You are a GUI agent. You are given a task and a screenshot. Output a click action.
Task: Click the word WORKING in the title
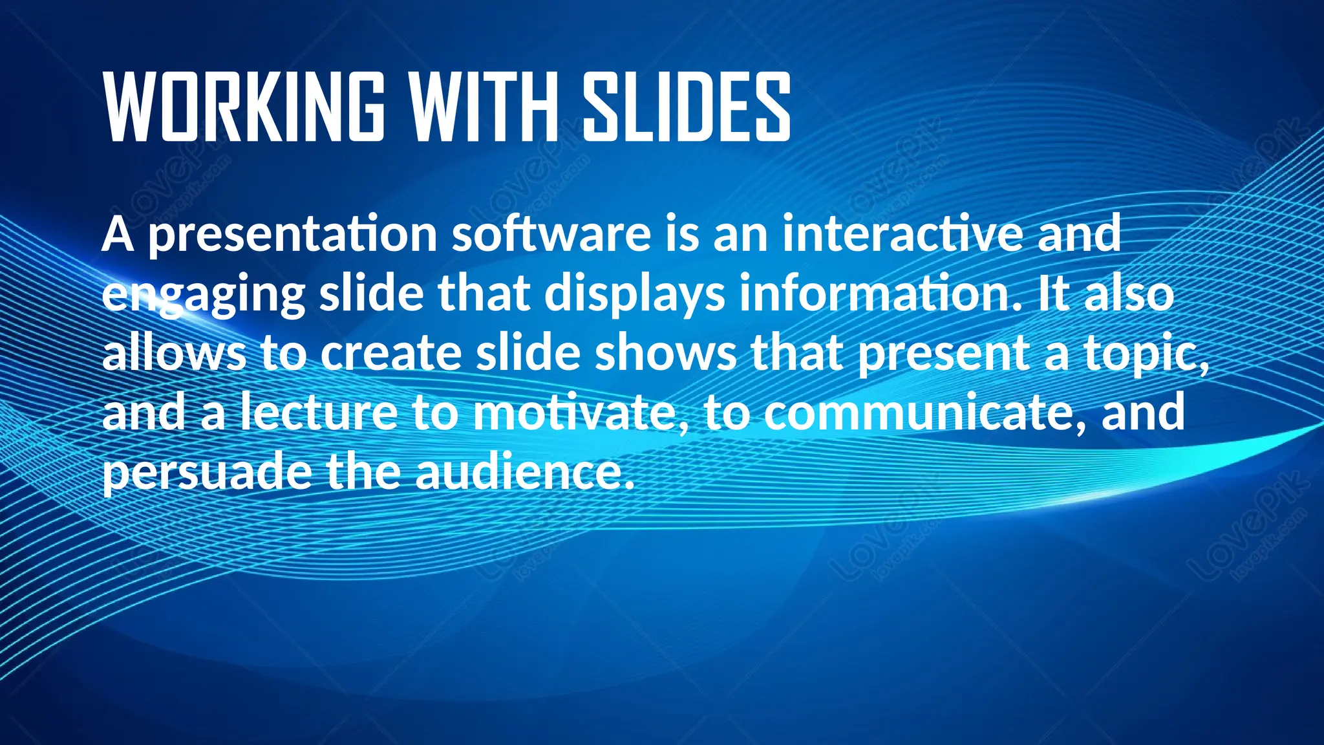[244, 107]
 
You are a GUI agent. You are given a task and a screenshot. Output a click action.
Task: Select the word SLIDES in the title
[687, 107]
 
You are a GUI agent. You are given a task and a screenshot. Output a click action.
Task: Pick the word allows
[174, 353]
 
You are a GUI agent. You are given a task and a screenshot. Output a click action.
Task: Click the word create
[391, 354]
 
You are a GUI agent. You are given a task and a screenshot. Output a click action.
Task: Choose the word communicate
[925, 413]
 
